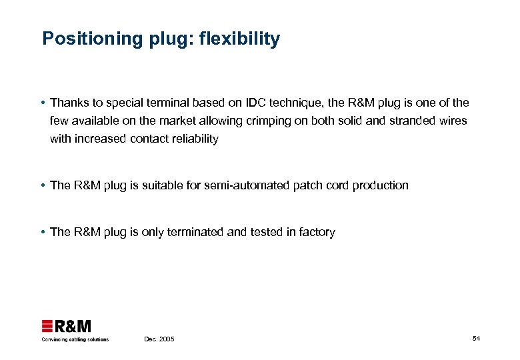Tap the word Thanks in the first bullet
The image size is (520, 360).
click(x=69, y=103)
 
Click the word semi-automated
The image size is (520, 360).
click(x=250, y=185)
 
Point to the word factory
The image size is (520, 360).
click(x=316, y=232)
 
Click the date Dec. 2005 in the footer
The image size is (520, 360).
click(x=159, y=339)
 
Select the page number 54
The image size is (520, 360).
click(x=476, y=339)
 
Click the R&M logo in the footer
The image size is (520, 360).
click(x=67, y=326)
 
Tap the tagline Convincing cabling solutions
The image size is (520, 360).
click(x=75, y=339)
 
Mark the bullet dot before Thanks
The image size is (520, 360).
click(x=42, y=103)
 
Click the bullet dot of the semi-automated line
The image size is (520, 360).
click(x=42, y=186)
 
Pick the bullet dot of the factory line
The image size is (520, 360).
click(x=42, y=233)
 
